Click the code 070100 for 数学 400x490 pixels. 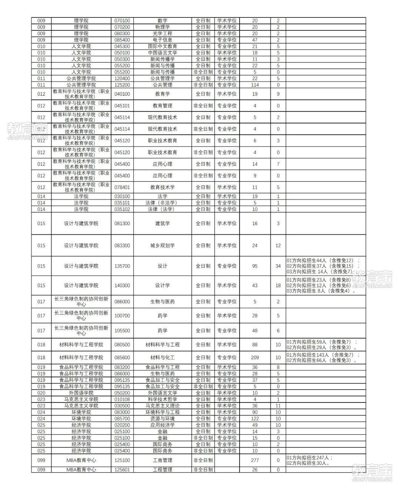pyautogui.click(x=122, y=21)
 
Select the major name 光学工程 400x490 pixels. pyautogui.click(x=162, y=33)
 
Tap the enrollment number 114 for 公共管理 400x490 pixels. pyautogui.click(x=255, y=85)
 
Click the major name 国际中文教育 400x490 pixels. pyautogui.click(x=162, y=46)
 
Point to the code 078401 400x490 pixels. pyautogui.click(x=122, y=188)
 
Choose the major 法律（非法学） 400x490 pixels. pyautogui.click(x=162, y=203)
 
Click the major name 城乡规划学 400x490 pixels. pyautogui.click(x=162, y=245)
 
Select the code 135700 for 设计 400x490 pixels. pyautogui.click(x=122, y=266)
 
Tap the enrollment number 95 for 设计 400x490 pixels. pyautogui.click(x=255, y=266)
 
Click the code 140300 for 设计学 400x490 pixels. pyautogui.click(x=122, y=285)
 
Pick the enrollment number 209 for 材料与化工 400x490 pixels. pyautogui.click(x=255, y=358)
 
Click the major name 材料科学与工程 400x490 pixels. pyautogui.click(x=162, y=345)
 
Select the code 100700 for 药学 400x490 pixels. pyautogui.click(x=122, y=316)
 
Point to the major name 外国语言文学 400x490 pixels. pyautogui.click(x=162, y=393)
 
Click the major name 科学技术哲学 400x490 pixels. pyautogui.click(x=162, y=399)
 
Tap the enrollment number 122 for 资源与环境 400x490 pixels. pyautogui.click(x=255, y=418)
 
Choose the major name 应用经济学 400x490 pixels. pyautogui.click(x=162, y=425)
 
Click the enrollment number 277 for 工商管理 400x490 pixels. pyautogui.click(x=255, y=460)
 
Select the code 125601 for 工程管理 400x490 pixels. pyautogui.click(x=122, y=470)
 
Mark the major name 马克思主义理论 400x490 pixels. pyautogui.click(x=162, y=406)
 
